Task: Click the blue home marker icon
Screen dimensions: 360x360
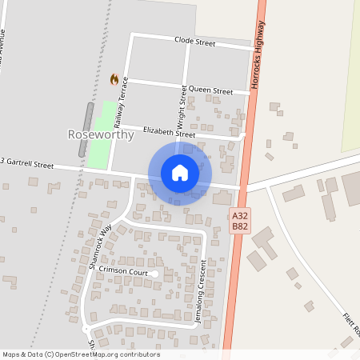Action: (180, 172)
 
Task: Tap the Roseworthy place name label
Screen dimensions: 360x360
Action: (102, 135)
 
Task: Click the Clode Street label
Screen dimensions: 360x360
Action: (196, 42)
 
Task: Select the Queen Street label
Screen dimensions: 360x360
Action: (210, 90)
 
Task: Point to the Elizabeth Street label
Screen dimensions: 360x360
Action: (169, 132)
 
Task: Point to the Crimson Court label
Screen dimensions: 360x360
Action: (124, 272)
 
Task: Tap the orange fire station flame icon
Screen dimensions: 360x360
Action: (114, 79)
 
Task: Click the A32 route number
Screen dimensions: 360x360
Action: (239, 216)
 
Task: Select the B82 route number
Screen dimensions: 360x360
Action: (239, 227)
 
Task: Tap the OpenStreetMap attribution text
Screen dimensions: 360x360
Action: (80, 354)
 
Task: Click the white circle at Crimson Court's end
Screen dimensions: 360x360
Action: (155, 274)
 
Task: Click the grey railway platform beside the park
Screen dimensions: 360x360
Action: (86, 119)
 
